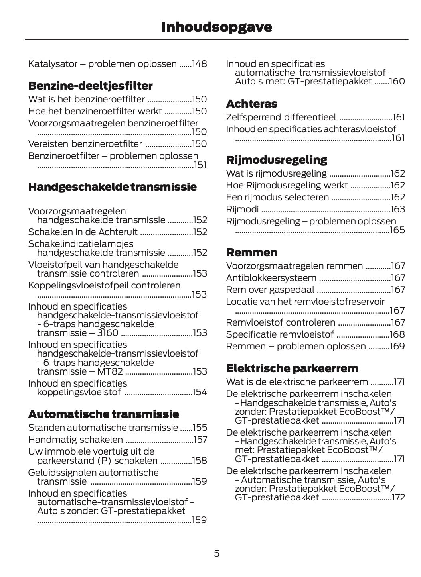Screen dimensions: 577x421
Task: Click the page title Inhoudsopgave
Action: [x=216, y=27]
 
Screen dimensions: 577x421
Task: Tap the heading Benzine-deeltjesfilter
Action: [x=90, y=86]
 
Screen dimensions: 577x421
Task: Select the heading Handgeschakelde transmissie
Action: [x=112, y=187]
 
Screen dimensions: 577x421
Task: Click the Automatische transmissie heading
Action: [x=103, y=414]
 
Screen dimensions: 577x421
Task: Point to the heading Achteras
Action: [x=251, y=104]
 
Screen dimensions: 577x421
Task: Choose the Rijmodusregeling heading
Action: [x=276, y=160]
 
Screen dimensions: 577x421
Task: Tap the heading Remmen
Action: [x=251, y=253]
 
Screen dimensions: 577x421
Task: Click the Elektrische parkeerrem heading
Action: [x=292, y=368]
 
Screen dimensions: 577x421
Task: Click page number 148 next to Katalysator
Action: [x=199, y=64]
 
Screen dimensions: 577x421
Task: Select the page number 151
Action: [x=200, y=165]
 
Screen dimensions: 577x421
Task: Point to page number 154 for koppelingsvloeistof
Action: [x=200, y=393]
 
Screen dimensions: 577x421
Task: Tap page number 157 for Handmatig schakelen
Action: [x=200, y=440]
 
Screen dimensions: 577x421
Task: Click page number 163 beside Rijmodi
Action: [x=397, y=210]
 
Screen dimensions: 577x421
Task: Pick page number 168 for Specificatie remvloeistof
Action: [x=397, y=335]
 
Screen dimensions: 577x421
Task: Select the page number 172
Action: [x=398, y=498]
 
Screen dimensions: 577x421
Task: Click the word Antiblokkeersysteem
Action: [x=271, y=278]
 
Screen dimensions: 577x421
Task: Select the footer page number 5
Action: [x=216, y=553]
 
